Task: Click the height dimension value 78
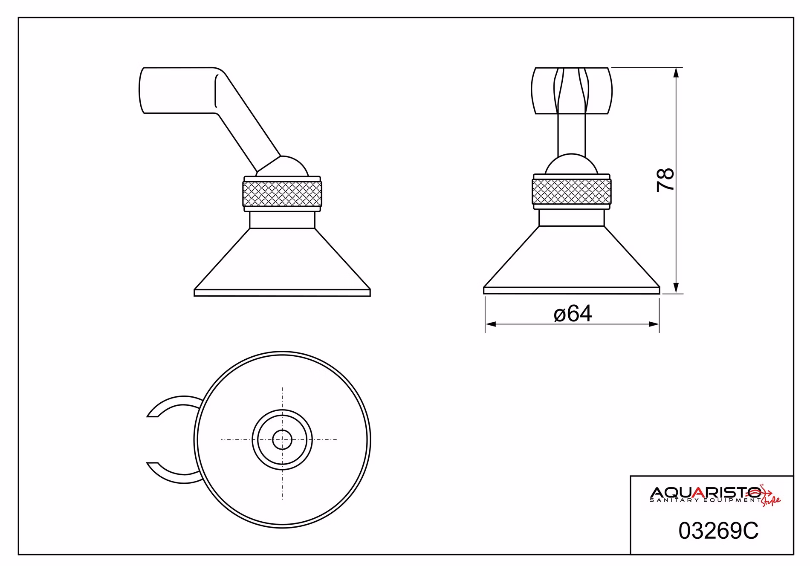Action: (665, 180)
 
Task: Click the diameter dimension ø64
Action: (573, 314)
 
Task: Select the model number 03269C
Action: (718, 531)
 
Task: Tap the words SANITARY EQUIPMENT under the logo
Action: (705, 500)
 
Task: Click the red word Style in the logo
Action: (771, 501)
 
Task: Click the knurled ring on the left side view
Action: (282, 194)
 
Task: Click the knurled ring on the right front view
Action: (572, 191)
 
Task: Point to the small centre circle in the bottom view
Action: (282, 439)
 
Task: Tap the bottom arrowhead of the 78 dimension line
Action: (676, 289)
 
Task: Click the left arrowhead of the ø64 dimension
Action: (491, 324)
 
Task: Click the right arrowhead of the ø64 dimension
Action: (654, 324)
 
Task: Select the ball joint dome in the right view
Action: (572, 165)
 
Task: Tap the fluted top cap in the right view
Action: (572, 90)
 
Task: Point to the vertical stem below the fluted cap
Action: (572, 134)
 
